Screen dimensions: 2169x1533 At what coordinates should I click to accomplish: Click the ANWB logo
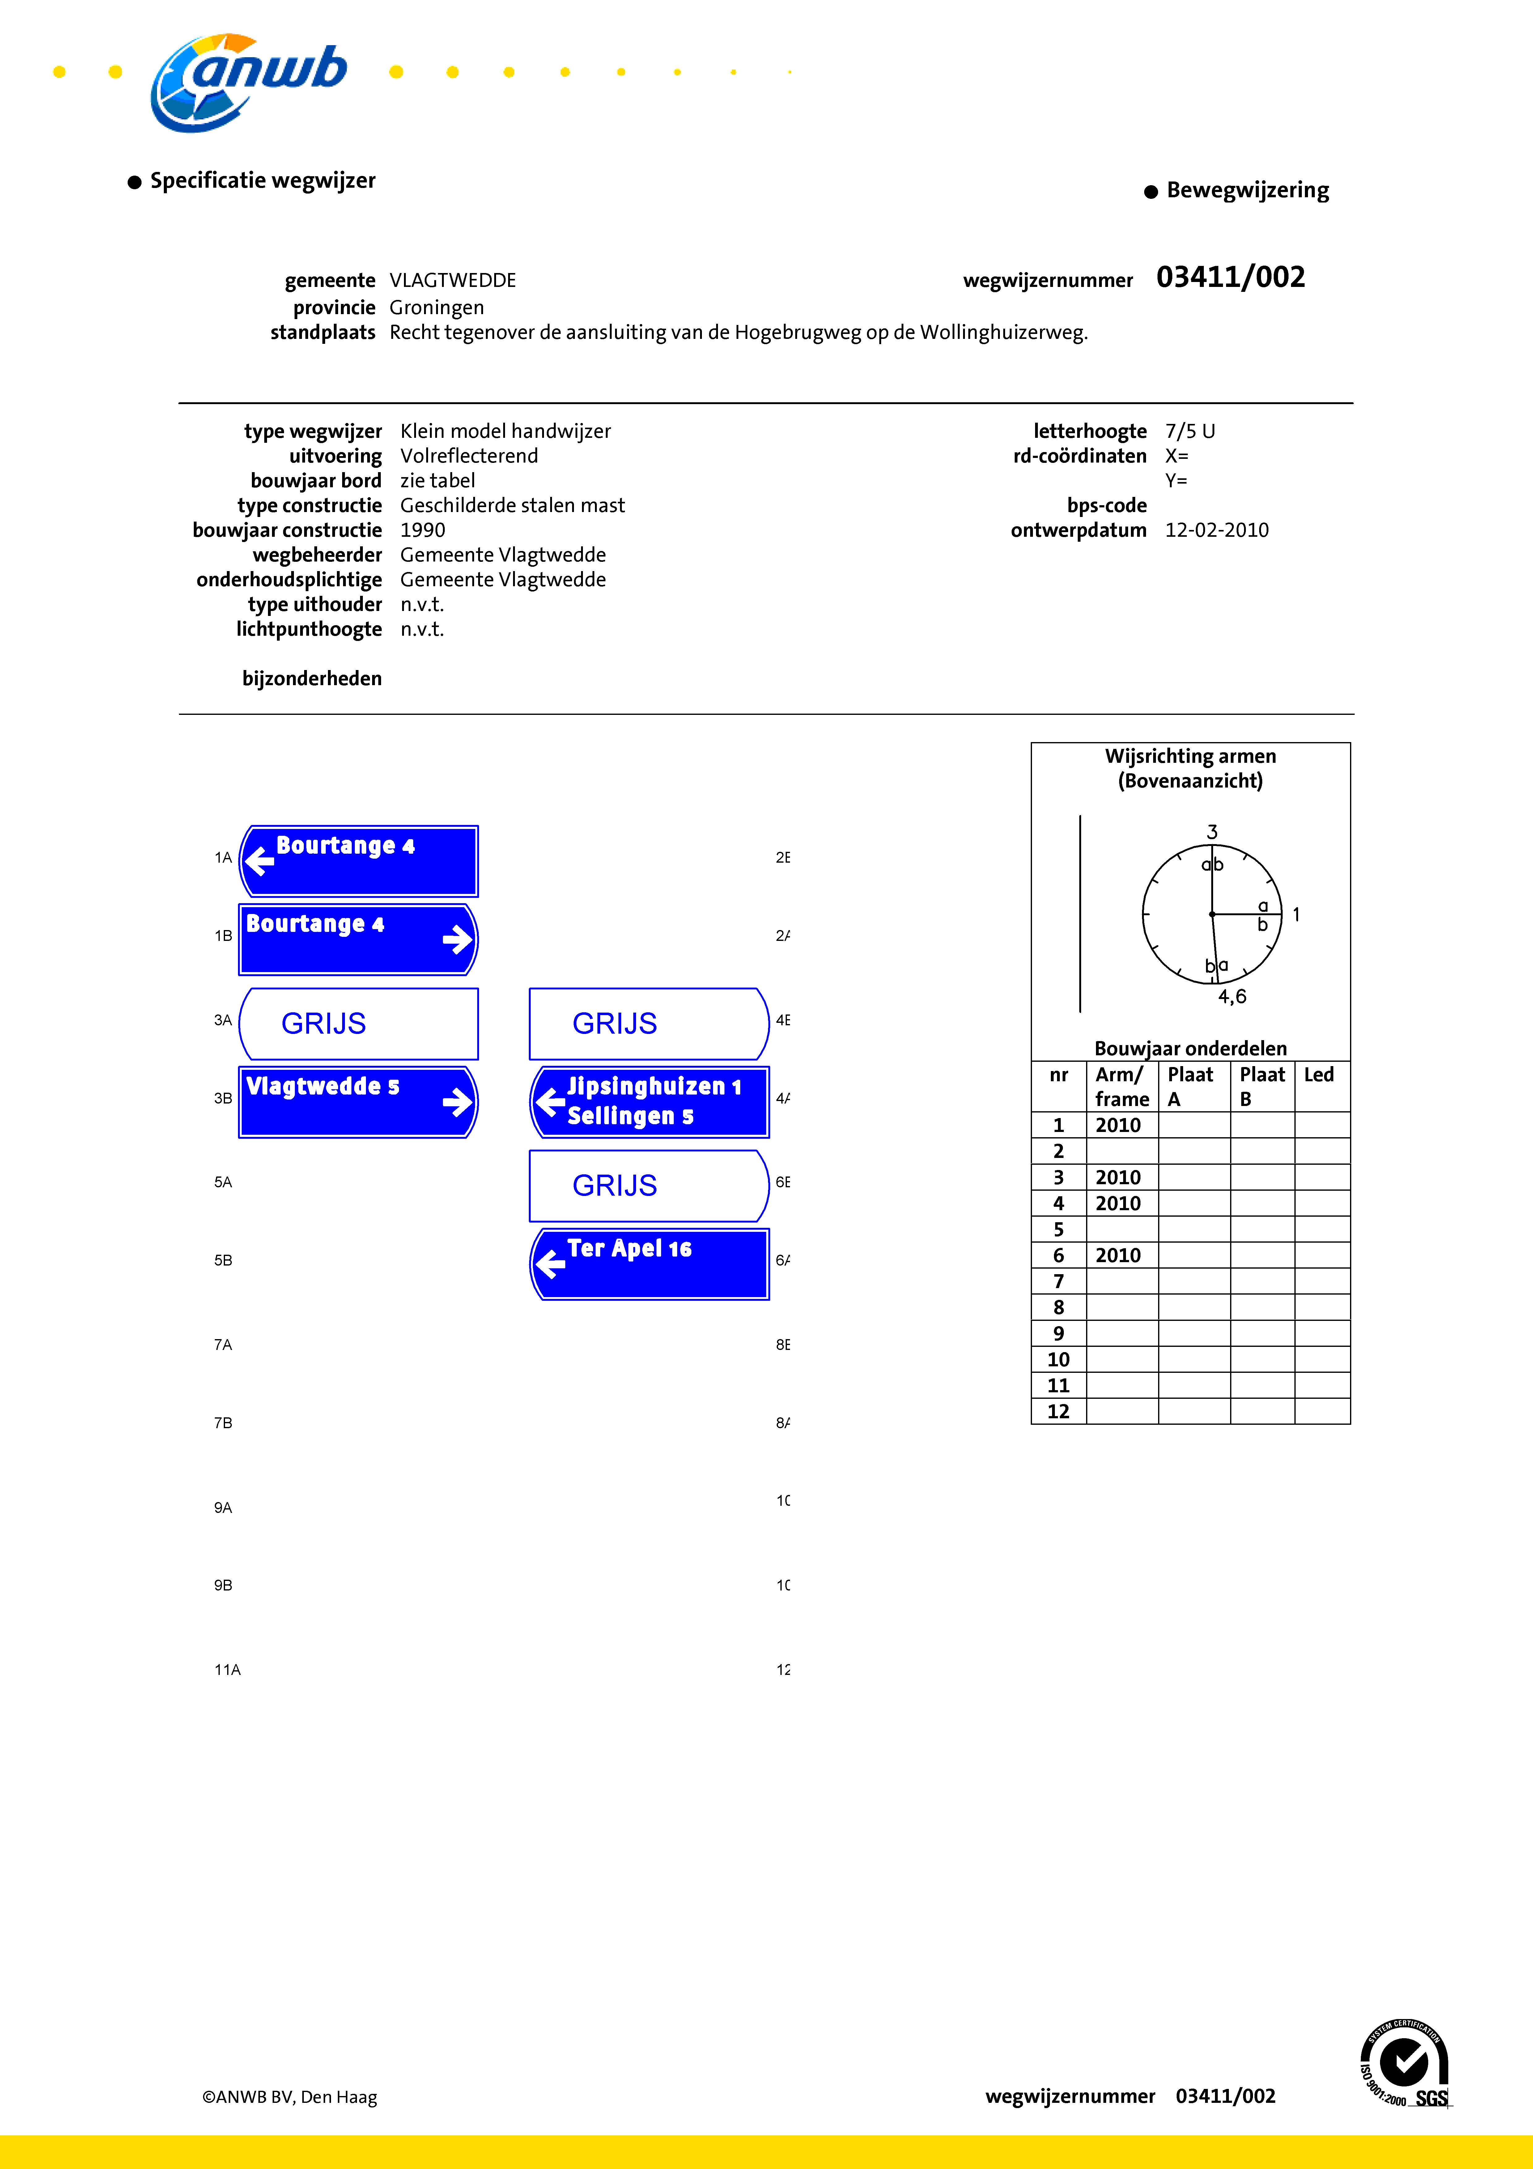pyautogui.click(x=248, y=82)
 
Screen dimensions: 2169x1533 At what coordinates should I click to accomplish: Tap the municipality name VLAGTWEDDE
pyautogui.click(x=452, y=280)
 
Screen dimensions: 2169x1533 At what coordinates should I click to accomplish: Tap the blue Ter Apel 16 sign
pyautogui.click(x=650, y=1264)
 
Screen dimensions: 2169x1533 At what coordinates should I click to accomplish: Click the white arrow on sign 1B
pyautogui.click(x=457, y=939)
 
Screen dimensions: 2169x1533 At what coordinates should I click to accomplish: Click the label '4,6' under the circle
pyautogui.click(x=1232, y=997)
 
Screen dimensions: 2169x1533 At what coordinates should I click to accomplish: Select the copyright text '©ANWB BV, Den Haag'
pyautogui.click(x=289, y=2097)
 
